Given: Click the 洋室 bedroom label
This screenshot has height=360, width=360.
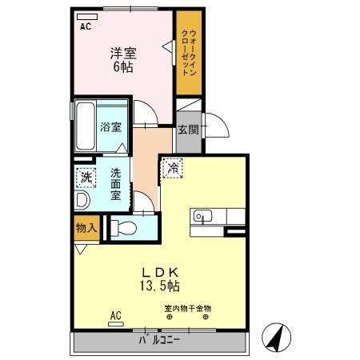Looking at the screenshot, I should click(123, 54).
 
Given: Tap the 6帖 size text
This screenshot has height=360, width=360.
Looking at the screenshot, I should click(123, 68).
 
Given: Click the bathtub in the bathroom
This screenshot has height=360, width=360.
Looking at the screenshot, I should click(86, 126).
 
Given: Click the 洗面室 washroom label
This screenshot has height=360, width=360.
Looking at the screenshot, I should click(117, 183).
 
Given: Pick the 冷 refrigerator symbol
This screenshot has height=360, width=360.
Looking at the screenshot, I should click(172, 169).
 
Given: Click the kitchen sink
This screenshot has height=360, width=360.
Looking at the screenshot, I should click(201, 216).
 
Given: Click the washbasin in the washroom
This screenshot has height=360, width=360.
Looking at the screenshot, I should click(82, 200).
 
